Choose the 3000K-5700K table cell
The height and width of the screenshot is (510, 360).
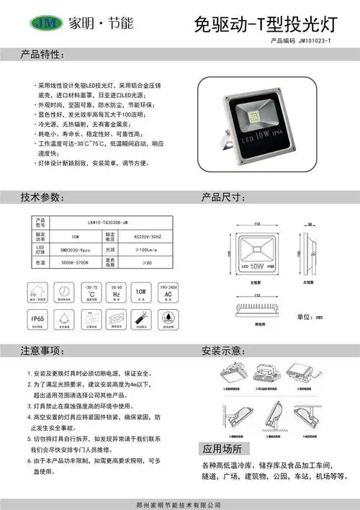pos(75,263)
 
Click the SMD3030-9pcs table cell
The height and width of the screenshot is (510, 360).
pos(75,249)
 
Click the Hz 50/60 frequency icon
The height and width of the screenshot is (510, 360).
pos(116,291)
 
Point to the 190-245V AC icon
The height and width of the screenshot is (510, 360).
pos(167,291)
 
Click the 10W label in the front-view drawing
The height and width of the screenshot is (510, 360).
pos(256,265)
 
